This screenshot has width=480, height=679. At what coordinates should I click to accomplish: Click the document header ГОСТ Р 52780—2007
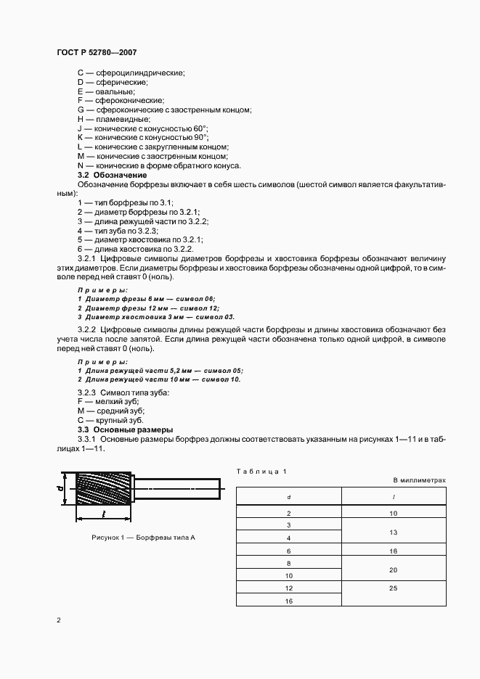tap(96, 52)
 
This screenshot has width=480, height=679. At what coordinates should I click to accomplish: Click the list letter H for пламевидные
tap(81, 119)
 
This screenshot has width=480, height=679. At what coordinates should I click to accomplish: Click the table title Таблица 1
tap(261, 472)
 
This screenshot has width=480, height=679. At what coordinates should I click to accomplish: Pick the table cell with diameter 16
tap(288, 601)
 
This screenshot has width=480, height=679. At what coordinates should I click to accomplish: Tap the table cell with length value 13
tap(393, 532)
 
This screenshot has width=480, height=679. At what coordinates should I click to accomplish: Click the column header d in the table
tap(288, 497)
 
